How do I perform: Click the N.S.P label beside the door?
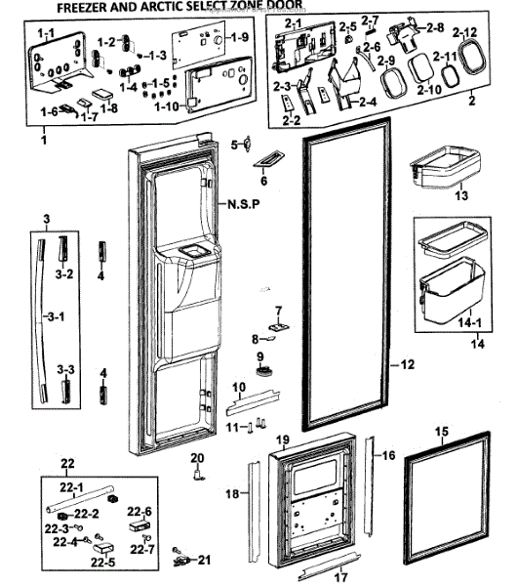[x=244, y=204]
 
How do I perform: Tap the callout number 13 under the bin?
[x=461, y=195]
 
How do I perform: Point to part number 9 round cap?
[x=264, y=371]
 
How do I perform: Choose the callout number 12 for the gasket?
[x=407, y=364]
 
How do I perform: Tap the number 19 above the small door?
[x=283, y=439]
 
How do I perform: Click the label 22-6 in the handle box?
[x=139, y=512]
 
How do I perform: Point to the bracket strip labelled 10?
[x=253, y=402]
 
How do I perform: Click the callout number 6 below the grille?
[x=264, y=181]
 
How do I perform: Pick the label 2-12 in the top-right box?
[x=464, y=33]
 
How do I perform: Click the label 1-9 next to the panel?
[x=239, y=37]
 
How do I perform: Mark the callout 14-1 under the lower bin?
[x=469, y=322]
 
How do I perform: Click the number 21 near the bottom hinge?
[x=204, y=560]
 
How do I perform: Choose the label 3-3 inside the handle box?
[x=65, y=369]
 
